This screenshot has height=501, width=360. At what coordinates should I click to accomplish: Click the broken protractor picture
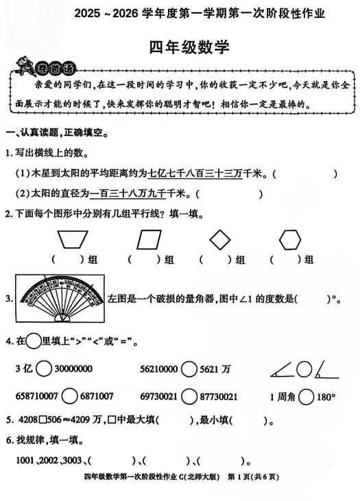point(60,297)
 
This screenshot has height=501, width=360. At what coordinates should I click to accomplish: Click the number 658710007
point(36,397)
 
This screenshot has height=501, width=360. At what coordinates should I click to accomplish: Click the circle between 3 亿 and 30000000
point(43,369)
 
